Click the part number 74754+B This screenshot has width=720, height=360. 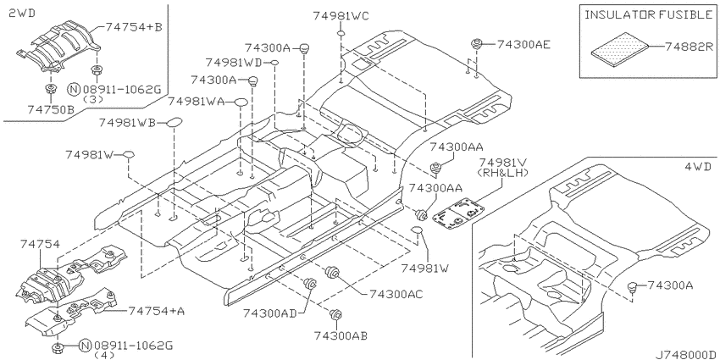point(134,27)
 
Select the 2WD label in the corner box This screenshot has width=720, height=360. point(22,14)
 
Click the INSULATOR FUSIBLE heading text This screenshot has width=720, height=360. point(648,14)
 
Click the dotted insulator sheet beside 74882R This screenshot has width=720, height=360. point(620,47)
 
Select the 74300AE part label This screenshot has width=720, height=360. point(524,44)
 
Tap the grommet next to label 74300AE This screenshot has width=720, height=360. point(477,45)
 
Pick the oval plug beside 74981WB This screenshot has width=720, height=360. point(174,122)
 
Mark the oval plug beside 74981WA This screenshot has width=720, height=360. point(241,102)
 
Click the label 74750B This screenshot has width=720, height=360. point(50,109)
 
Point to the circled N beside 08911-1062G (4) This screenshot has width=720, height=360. point(85,346)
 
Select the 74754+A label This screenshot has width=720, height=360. point(157,312)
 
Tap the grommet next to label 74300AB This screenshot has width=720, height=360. point(336,314)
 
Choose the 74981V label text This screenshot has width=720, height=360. point(503,163)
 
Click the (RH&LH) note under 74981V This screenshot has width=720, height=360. point(503,173)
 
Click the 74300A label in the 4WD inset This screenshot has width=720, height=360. point(670,285)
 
